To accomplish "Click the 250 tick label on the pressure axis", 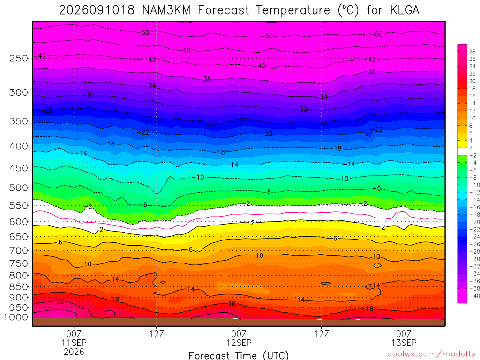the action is coord(19,58).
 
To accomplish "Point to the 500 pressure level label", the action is coord(19,187).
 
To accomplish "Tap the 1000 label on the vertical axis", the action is coord(16,317).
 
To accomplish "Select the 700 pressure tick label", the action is coord(19,251).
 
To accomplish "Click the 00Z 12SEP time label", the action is coord(239,338).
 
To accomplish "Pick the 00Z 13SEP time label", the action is coord(404,338).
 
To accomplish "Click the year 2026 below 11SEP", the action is coord(74,352).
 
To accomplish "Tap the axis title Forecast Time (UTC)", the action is coord(239,355).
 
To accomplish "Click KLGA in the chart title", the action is coord(405,10).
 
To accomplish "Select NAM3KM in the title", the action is coord(166,10).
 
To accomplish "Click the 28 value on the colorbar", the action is coord(472,52).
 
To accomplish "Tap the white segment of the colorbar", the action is coord(463,151).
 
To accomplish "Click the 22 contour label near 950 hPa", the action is coord(60,301).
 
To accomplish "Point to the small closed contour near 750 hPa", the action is coord(377,265).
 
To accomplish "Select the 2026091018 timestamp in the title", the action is coord(97,10).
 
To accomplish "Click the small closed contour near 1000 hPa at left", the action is coord(110,313).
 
